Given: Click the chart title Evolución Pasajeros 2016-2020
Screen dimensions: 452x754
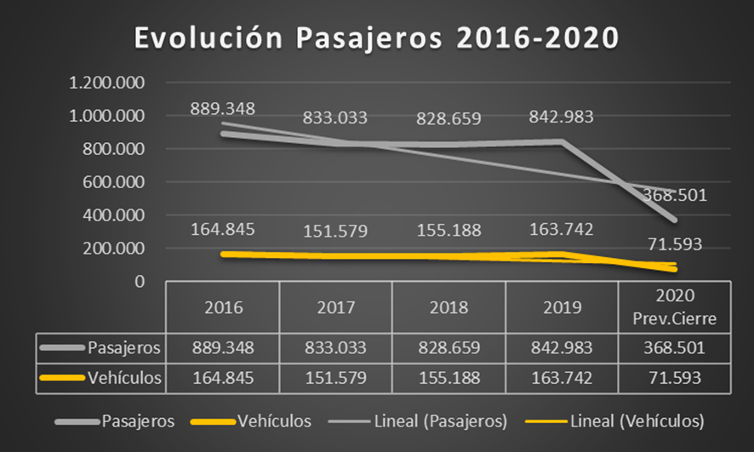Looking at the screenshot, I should [376, 38].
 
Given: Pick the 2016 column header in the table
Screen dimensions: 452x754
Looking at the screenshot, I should [222, 307].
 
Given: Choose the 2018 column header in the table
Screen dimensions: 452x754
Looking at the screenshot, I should [448, 307].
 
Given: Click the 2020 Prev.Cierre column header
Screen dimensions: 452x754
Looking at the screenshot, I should [674, 307].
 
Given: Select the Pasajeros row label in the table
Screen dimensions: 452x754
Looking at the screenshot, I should [123, 347].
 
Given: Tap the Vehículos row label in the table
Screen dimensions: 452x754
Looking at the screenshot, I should [123, 379].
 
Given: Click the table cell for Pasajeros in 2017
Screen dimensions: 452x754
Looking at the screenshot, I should [335, 347].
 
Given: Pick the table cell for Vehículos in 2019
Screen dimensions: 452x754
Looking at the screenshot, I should [562, 379].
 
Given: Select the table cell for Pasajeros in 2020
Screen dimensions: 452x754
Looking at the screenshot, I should [674, 347].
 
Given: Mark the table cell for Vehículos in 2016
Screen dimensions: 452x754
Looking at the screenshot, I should [222, 379].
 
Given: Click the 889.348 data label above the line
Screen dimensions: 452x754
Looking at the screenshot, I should [223, 109].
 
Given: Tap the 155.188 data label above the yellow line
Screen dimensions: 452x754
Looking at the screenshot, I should [448, 231].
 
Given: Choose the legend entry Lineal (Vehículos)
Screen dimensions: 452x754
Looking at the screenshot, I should [633, 421].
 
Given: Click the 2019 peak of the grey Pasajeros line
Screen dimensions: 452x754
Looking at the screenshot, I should [561, 141].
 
